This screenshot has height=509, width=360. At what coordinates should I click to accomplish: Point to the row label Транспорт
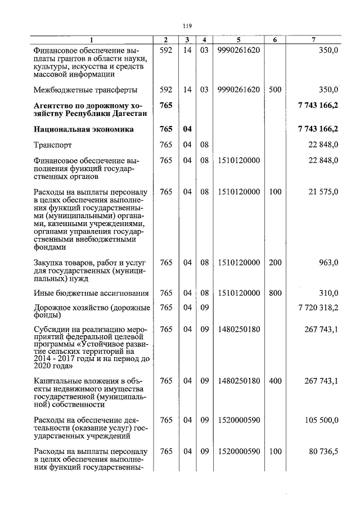53,145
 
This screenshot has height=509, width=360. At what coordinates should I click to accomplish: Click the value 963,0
327,262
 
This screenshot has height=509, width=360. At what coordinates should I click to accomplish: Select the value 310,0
327,293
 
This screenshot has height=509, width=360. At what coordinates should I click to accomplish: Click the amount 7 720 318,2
318,308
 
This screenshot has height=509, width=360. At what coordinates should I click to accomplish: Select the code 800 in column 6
274,293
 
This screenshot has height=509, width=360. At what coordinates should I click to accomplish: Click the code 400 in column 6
274,381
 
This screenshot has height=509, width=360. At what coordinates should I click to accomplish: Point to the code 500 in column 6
274,89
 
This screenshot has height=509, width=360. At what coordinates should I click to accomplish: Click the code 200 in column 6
274,262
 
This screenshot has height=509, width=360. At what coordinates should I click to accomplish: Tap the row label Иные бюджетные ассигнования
91,293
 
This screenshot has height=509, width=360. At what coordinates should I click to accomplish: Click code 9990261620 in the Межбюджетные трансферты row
238,89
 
